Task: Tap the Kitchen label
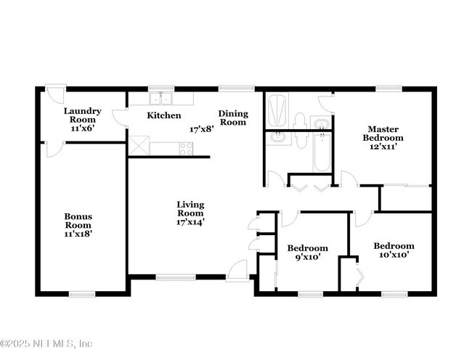(164, 115)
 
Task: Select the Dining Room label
(234, 118)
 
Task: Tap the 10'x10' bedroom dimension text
(394, 255)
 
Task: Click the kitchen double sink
(160, 99)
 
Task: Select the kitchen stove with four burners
(185, 149)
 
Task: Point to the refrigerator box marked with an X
(139, 144)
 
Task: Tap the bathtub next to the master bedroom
(322, 152)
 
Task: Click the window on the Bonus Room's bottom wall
(83, 294)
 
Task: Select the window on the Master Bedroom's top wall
(389, 89)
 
